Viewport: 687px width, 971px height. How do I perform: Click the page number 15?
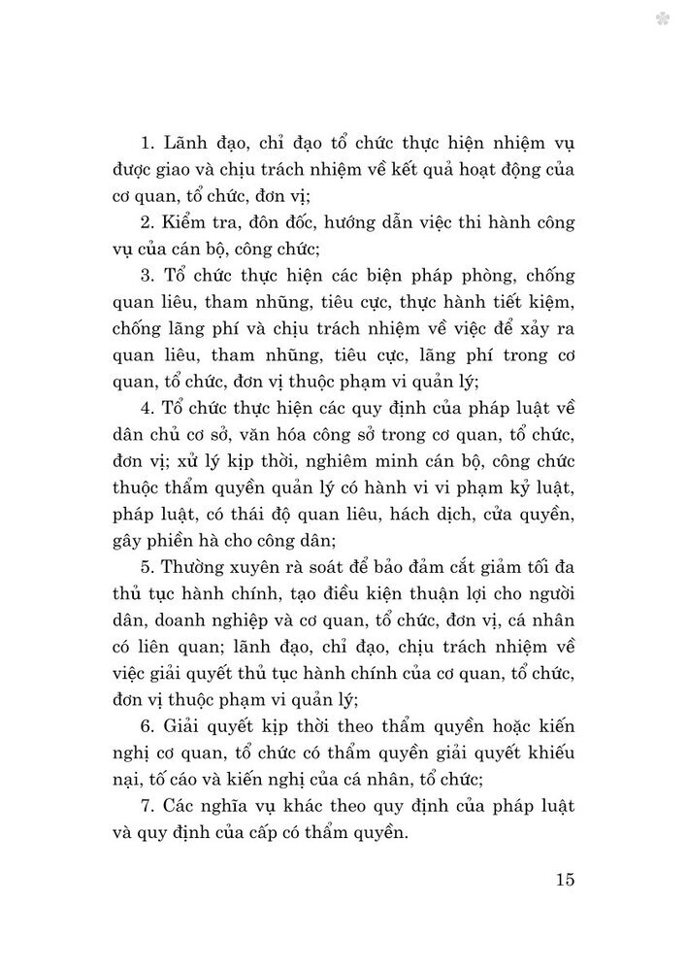[x=567, y=880]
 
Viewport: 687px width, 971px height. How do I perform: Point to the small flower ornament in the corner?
[x=663, y=17]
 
